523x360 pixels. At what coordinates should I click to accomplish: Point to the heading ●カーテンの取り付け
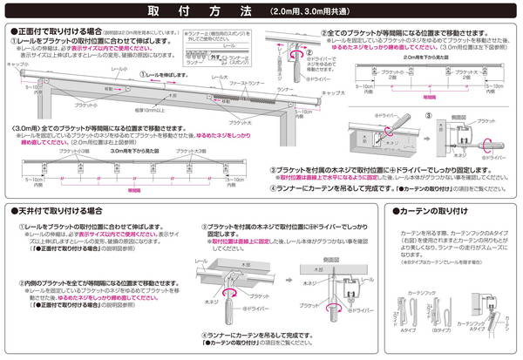coord(436,211)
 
